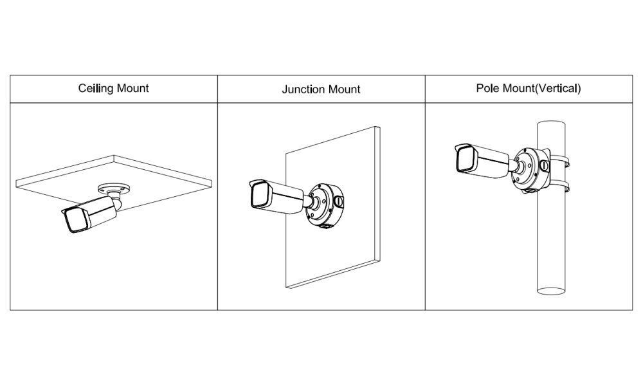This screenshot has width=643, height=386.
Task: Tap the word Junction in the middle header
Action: click(304, 89)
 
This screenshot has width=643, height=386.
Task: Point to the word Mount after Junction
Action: click(344, 89)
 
